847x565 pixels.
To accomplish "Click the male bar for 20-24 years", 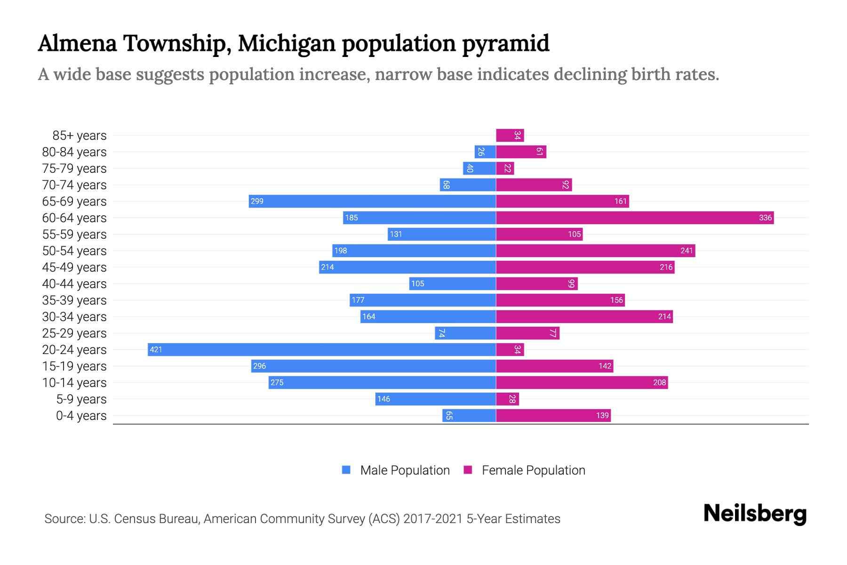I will pos(322,349).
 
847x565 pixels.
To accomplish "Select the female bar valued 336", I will pos(635,218).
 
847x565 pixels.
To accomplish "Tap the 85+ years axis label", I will pos(79,136).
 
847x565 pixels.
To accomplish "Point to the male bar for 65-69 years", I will pos(372,201).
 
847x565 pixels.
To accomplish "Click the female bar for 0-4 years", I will pos(553,415).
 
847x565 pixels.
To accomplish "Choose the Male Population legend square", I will pos(346,470).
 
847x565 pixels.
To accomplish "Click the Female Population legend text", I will pos(533,470).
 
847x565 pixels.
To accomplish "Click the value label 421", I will pos(156,349).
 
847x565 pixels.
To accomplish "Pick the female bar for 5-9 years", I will pos(507,399).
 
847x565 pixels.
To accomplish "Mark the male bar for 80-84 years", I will pos(485,152).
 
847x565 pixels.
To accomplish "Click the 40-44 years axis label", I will pos(74,284).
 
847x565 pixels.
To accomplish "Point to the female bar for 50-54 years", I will pos(595,250).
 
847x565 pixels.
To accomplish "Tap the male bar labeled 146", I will pos(435,399).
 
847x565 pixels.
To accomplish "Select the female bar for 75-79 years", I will pos(505,168).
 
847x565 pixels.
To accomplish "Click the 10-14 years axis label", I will pos(74,383).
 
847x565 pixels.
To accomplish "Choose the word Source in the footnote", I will pos(64,519).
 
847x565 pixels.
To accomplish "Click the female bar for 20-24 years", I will pos(510,349).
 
